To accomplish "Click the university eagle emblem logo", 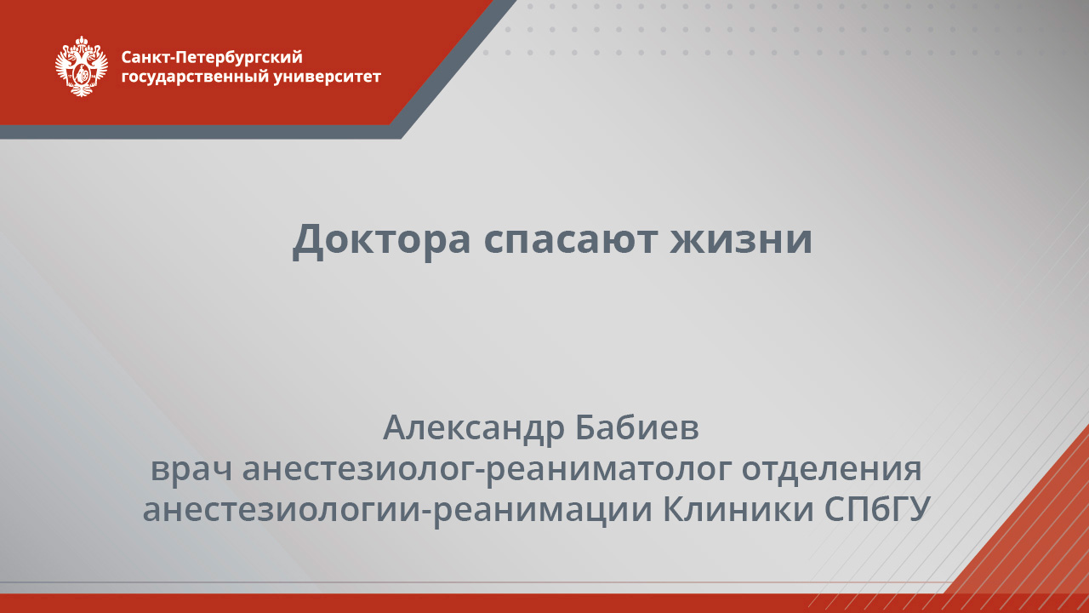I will click(x=82, y=66).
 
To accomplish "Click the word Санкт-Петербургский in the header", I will click(x=212, y=58).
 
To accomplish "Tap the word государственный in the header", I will click(x=196, y=77).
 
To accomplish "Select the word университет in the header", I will click(x=328, y=77).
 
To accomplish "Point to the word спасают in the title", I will click(x=571, y=239).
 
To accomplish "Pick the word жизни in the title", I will click(x=741, y=239).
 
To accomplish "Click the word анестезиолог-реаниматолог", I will click(x=487, y=469).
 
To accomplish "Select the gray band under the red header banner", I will click(x=196, y=132).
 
